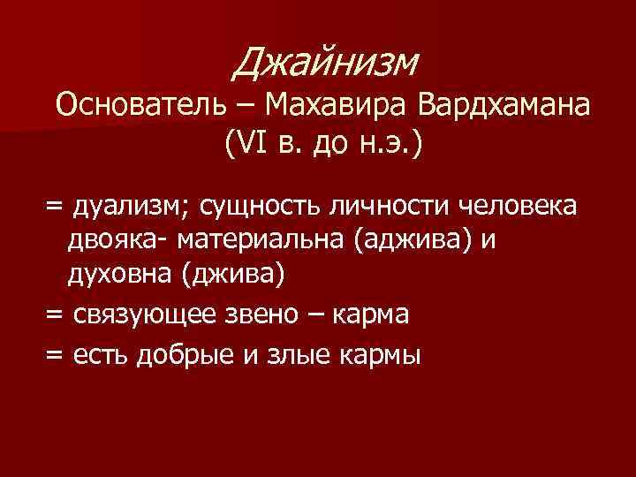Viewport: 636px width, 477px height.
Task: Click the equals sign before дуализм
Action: tap(56, 208)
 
